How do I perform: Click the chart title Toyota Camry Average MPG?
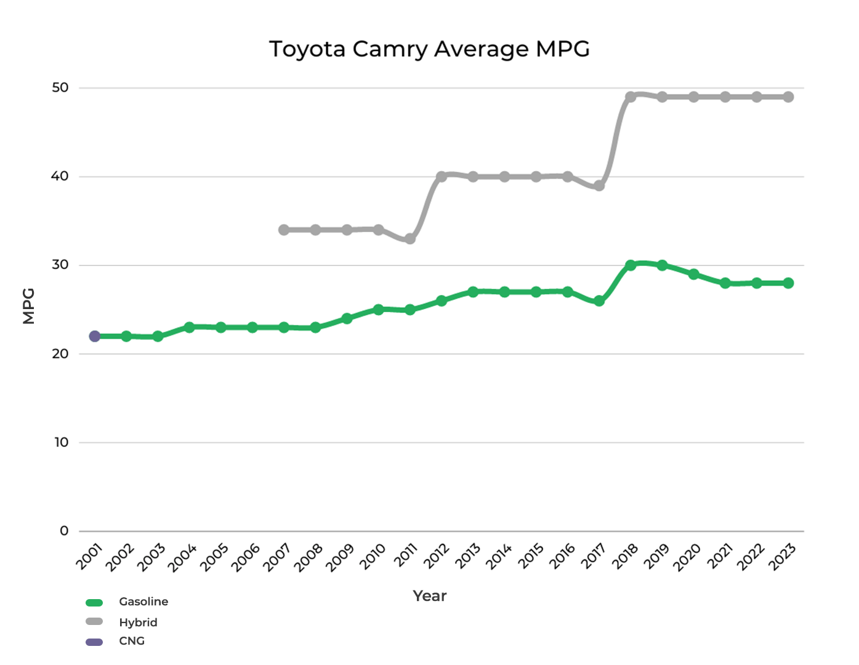429,49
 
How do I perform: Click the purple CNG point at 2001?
95,336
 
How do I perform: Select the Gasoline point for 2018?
631,265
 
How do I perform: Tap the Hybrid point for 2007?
284,230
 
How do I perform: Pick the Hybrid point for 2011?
410,239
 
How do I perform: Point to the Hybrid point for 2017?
599,185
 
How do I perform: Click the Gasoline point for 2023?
788,283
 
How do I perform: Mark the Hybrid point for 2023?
788,97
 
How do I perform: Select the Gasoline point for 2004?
189,328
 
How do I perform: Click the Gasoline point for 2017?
599,301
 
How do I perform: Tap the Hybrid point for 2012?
442,177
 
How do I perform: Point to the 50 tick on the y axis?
60,87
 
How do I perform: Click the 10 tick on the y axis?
61,442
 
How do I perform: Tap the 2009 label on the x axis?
340,557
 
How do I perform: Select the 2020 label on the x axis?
687,557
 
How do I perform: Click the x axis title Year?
429,596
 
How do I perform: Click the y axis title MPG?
29,306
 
